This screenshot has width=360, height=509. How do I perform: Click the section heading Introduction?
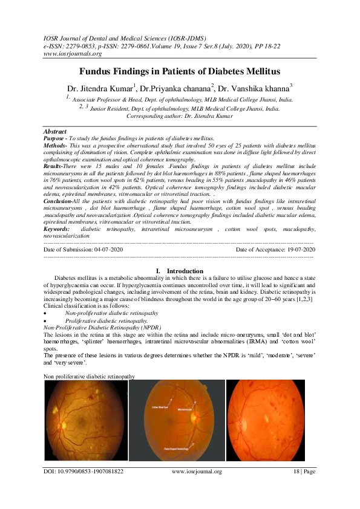tap(185, 271)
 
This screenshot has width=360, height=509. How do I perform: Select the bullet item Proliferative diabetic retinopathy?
tap(106, 321)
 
